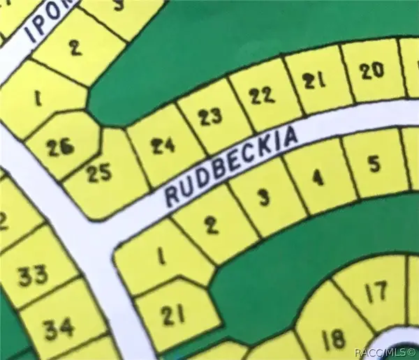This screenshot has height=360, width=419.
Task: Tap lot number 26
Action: (x=59, y=147)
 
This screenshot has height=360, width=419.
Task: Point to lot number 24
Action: (x=163, y=146)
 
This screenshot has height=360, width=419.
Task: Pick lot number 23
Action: (x=209, y=117)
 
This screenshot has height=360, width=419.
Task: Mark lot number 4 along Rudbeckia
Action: (x=318, y=179)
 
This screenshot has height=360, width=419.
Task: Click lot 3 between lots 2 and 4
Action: (x=263, y=198)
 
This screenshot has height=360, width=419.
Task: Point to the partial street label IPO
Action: (x=42, y=26)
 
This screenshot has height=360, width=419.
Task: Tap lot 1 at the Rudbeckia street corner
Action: (x=161, y=260)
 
